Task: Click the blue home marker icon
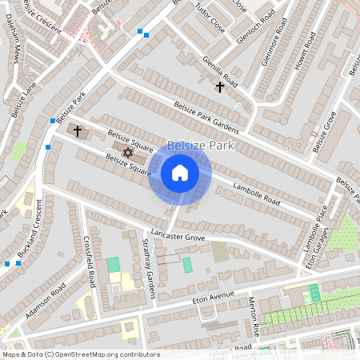click(x=180, y=173)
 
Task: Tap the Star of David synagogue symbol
click(x=126, y=152)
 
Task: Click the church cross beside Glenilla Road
click(x=220, y=86)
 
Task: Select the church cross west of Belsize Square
click(x=78, y=130)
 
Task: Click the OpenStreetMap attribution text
click(x=81, y=354)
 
